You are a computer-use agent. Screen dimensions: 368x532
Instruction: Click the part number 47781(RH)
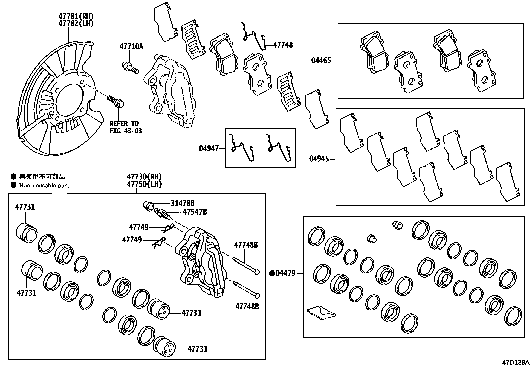76,16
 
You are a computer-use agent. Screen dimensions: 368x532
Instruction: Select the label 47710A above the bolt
131,47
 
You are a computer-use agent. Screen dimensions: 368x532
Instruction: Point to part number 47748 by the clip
283,45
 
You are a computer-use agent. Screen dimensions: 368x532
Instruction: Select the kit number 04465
321,61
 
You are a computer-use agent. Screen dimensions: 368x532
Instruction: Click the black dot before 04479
272,274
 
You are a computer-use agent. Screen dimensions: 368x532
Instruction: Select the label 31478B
182,203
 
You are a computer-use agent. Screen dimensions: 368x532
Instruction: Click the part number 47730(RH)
144,176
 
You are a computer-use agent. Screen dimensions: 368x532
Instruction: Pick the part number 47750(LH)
144,184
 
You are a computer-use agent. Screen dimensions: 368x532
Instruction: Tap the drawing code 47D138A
516,363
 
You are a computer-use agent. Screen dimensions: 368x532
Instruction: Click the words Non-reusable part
44,185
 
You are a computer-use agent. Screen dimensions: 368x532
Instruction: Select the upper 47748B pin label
246,245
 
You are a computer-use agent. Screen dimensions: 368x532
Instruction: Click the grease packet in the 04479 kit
320,312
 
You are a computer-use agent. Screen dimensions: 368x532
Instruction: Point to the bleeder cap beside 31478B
147,205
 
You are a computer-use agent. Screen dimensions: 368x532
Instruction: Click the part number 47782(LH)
76,23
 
